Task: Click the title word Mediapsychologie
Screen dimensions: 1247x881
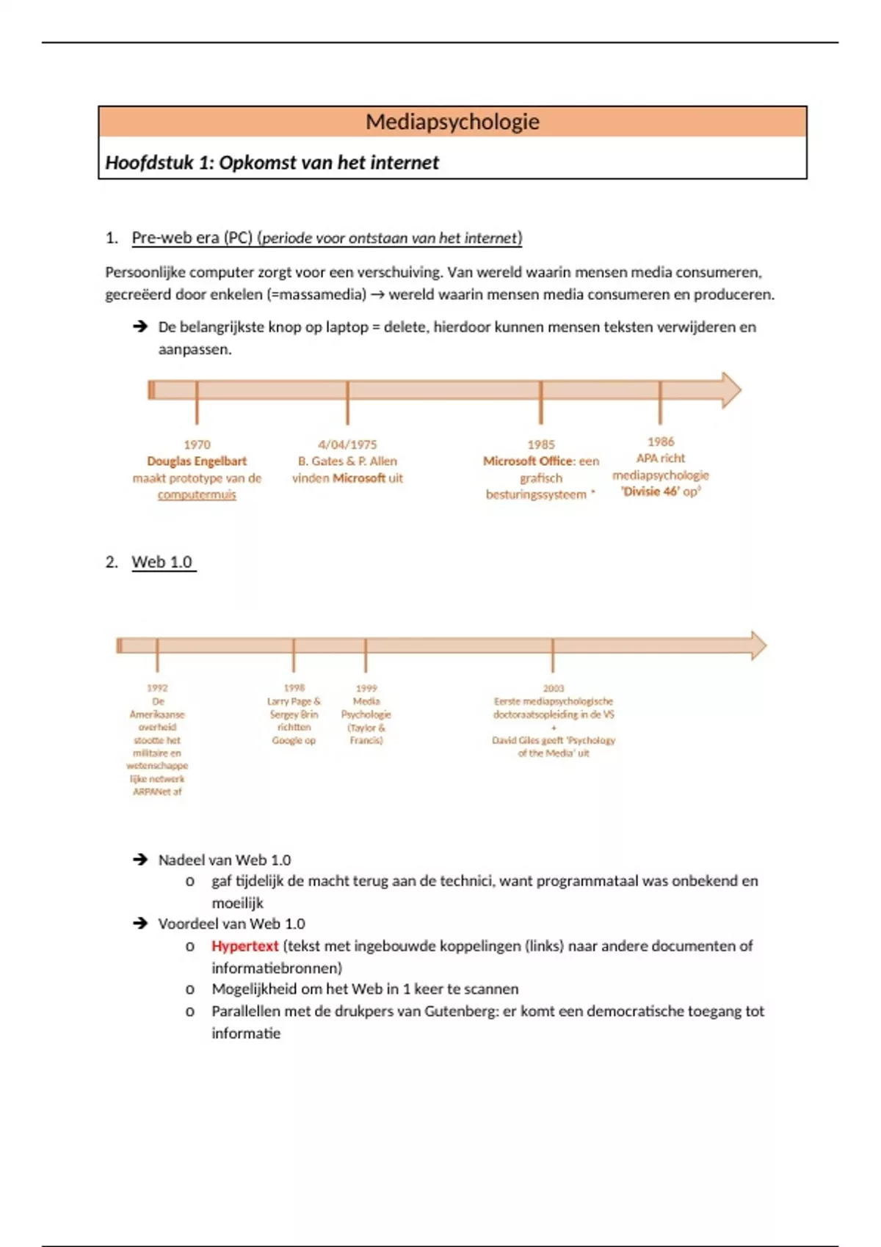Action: (452, 122)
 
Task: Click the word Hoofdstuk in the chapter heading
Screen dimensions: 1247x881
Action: (148, 163)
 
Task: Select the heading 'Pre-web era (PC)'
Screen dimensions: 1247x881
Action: (192, 238)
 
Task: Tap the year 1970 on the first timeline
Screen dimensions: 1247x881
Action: (197, 445)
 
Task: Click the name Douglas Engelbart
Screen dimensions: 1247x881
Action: (197, 461)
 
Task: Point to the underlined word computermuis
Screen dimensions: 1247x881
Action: (197, 495)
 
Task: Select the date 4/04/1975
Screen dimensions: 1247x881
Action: (347, 445)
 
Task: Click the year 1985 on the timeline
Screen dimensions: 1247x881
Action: (541, 445)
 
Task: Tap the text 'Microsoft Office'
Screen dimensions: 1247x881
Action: (528, 461)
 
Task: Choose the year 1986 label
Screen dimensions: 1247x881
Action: (661, 442)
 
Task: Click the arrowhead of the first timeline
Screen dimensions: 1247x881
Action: (730, 390)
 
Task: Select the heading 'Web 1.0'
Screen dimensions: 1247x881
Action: (162, 563)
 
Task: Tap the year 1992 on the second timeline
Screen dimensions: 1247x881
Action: (157, 688)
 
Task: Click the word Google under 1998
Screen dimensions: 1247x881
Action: (286, 741)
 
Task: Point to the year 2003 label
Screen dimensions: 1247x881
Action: (554, 688)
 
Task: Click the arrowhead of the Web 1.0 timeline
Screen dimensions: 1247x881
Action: (757, 646)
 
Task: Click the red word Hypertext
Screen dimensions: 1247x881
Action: (244, 946)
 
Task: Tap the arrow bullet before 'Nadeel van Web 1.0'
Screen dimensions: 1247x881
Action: (140, 860)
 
